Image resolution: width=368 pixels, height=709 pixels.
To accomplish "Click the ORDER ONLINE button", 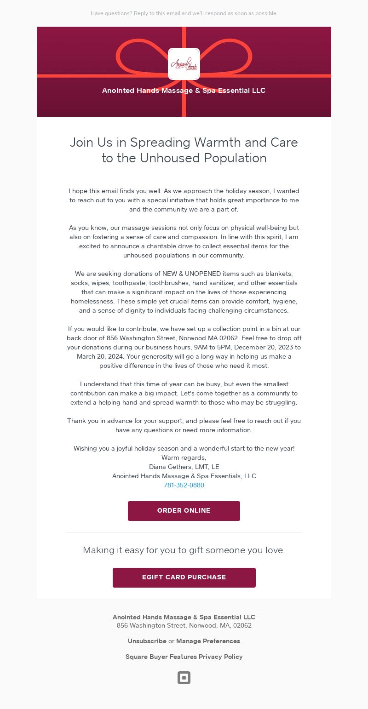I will pos(184,511).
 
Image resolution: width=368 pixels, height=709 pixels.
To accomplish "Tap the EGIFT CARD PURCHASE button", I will pos(184,577).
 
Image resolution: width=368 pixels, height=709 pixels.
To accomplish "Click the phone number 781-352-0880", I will pos(184,485).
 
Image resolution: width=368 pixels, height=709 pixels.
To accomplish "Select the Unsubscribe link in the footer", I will pos(147,641).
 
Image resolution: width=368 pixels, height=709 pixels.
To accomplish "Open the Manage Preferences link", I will pos(208,641).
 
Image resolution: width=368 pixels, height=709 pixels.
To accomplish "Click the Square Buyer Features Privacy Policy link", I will pos(184,657).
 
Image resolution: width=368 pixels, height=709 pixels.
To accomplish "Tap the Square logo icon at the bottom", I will pos(184,678).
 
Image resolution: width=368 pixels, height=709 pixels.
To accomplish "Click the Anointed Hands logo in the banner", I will pos(184,64).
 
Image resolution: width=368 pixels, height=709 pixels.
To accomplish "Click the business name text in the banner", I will pos(184,91).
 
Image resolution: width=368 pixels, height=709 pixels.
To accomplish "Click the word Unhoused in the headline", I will pos(170,158).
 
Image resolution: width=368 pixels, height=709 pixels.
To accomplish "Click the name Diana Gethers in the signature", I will pos(171,467).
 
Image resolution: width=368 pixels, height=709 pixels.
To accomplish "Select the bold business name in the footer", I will pos(184,617).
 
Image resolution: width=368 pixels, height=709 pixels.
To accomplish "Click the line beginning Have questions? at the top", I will pos(184,13).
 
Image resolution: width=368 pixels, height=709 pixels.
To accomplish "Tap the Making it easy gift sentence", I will pos(184,550).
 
